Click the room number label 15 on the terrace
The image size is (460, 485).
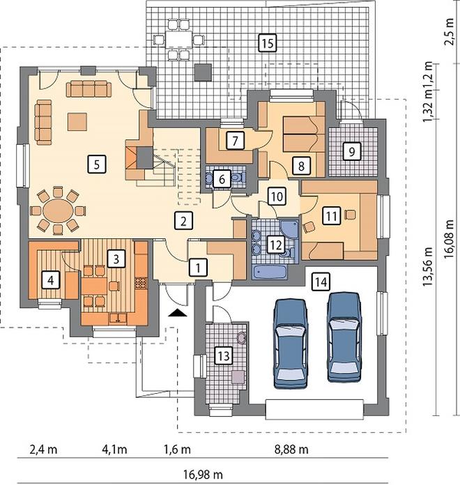pyautogui.click(x=268, y=43)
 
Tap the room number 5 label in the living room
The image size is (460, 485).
pyautogui.click(x=96, y=164)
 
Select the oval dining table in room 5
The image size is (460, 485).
pyautogui.click(x=58, y=211)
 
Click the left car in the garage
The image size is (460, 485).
pyautogui.click(x=291, y=344)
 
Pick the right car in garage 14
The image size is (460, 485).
pyautogui.click(x=344, y=337)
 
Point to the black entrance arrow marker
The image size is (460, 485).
pyautogui.click(x=178, y=313)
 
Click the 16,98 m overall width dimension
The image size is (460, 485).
pyautogui.click(x=203, y=474)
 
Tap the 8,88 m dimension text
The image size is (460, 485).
pyautogui.click(x=291, y=449)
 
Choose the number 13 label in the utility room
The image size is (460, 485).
pyautogui.click(x=223, y=355)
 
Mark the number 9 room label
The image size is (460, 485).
pyautogui.click(x=351, y=151)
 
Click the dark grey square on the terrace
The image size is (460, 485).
pyautogui.click(x=204, y=72)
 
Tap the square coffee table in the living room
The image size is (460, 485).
pyautogui.click(x=77, y=122)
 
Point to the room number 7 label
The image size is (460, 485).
pyautogui.click(x=235, y=141)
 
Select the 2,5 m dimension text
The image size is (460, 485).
pyautogui.click(x=449, y=32)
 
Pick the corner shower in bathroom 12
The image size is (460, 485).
pyautogui.click(x=289, y=229)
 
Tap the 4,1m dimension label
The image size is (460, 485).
pyautogui.click(x=114, y=449)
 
